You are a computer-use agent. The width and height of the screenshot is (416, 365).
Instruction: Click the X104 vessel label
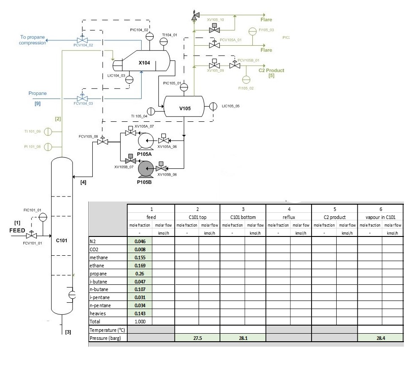click(144, 63)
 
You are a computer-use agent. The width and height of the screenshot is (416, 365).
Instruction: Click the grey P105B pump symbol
click(146, 169)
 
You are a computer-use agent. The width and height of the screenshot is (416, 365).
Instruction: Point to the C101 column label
click(61, 240)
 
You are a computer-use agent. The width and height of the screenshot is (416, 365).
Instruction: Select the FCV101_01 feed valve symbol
click(31, 236)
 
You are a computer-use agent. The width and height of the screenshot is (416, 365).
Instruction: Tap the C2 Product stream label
click(271, 70)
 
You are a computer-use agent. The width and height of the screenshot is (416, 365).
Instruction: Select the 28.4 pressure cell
click(381, 338)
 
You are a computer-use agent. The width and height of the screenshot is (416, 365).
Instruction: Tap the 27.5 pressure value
click(197, 338)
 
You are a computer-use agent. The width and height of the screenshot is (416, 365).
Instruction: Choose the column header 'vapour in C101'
click(381, 217)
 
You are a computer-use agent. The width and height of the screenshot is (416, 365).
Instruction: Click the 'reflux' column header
click(289, 217)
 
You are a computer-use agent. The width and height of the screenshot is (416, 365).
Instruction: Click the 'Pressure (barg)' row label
click(106, 338)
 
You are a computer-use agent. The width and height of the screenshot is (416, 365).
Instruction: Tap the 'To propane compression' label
click(33, 40)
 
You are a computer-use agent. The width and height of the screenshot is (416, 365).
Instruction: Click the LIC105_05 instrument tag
click(231, 106)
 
